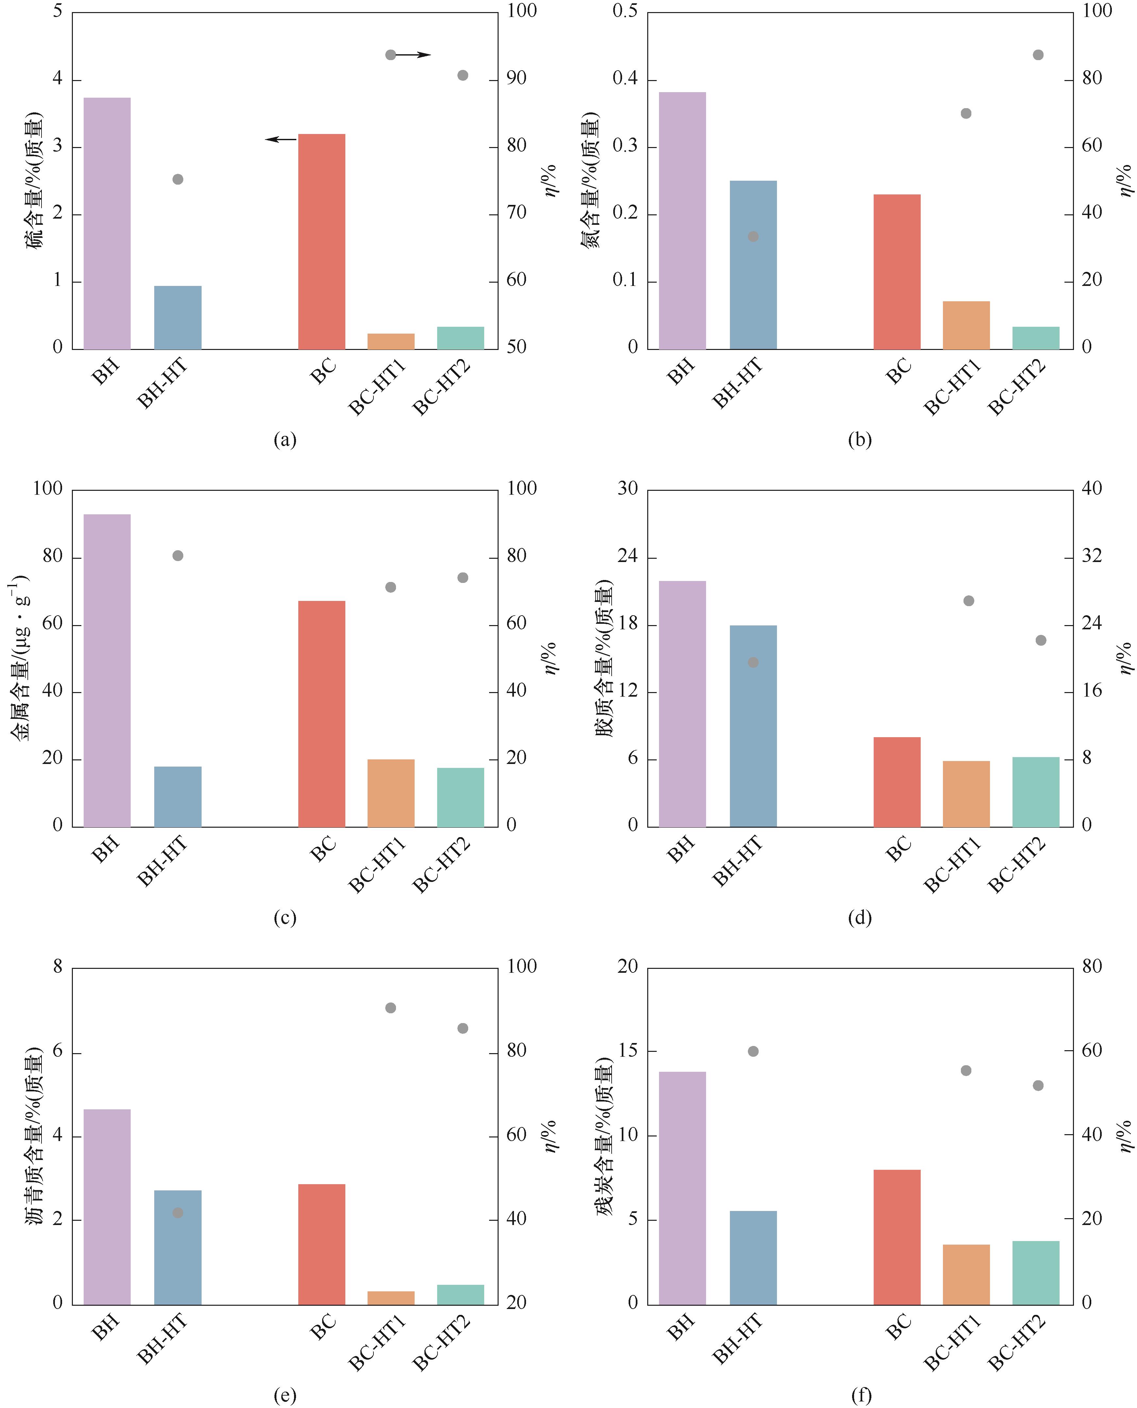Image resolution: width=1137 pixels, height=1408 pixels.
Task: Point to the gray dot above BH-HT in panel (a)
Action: tap(177, 179)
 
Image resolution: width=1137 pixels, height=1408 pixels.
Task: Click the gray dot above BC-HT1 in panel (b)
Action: tap(965, 113)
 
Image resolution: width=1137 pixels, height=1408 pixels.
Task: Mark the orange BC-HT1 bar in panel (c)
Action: tap(391, 793)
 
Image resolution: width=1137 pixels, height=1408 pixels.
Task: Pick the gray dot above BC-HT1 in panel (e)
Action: tap(390, 1008)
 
